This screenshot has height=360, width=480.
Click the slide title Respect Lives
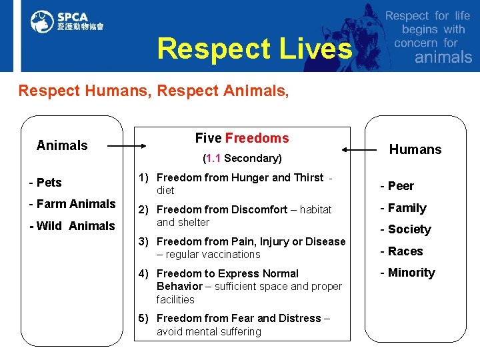[254, 49]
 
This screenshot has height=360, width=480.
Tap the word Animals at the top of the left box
[62, 145]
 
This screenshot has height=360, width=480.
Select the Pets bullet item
[45, 183]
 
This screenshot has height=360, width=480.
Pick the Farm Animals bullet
[72, 204]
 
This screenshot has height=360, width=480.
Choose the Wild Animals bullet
[72, 226]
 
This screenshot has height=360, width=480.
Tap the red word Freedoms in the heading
[257, 138]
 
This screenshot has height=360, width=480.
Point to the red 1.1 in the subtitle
[213, 159]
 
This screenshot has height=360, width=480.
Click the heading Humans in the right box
[415, 149]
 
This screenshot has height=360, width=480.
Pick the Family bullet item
[403, 208]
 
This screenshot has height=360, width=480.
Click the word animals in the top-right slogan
[443, 57]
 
